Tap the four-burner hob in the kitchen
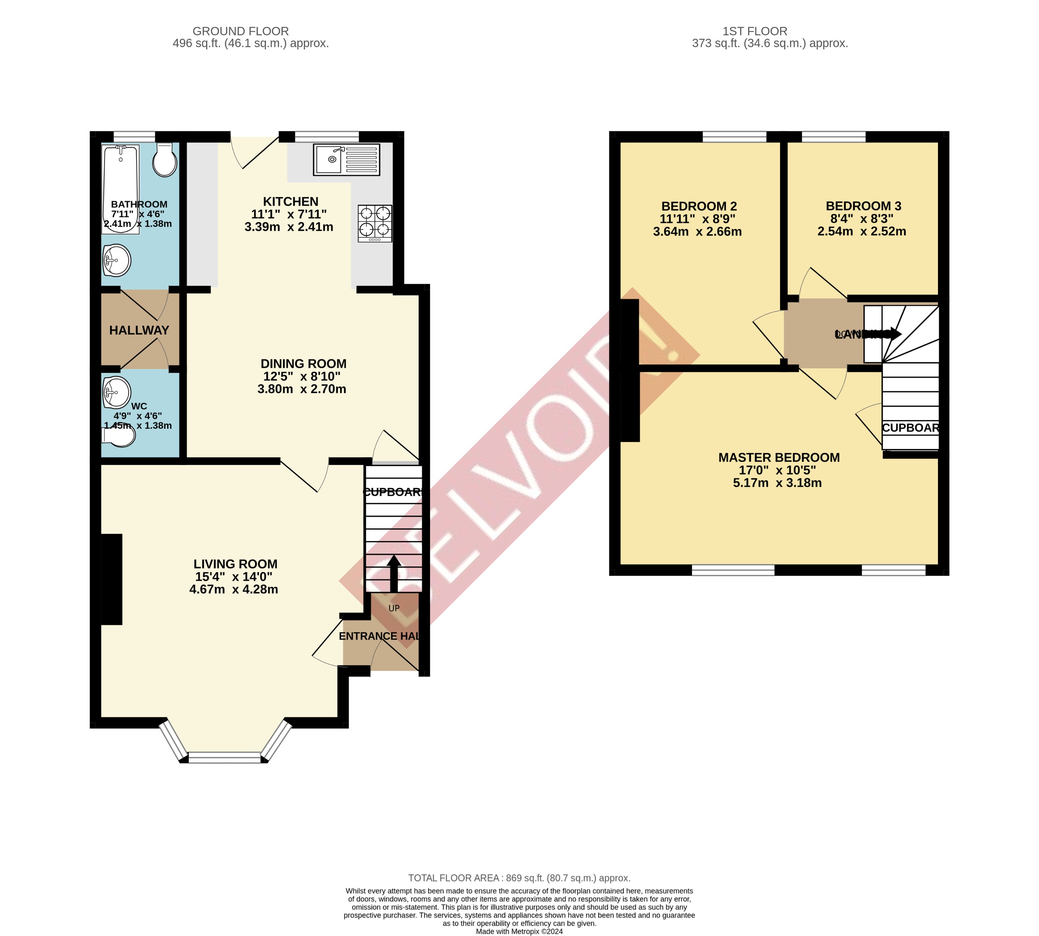[375, 223]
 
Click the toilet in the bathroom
[165, 160]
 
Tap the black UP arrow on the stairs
[393, 573]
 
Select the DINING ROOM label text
[303, 364]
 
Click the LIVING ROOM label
[235, 564]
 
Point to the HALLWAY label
[139, 330]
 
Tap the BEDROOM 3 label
[863, 206]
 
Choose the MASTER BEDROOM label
[778, 457]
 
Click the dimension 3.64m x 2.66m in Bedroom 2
[697, 231]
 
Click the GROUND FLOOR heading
[240, 31]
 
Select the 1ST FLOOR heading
[754, 31]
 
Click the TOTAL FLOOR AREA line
[519, 878]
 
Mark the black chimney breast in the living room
[111, 579]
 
